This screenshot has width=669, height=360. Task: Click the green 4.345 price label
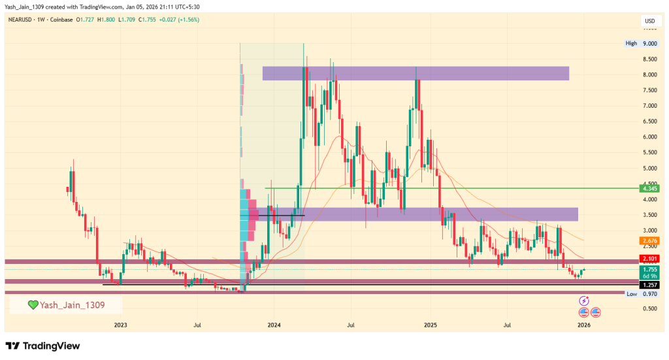pyautogui.click(x=649, y=189)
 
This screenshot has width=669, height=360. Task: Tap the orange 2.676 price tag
pyautogui.click(x=649, y=240)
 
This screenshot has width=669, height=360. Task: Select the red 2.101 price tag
pyautogui.click(x=649, y=259)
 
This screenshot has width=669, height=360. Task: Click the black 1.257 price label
pyautogui.click(x=649, y=285)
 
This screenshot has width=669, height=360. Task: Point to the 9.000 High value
pyautogui.click(x=649, y=43)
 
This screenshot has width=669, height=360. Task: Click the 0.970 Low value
pyautogui.click(x=649, y=294)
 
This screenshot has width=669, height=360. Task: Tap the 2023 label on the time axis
pyautogui.click(x=120, y=324)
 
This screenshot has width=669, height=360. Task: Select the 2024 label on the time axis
pyautogui.click(x=274, y=324)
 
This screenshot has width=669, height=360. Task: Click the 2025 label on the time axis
pyautogui.click(x=430, y=324)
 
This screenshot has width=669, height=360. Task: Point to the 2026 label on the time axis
pyautogui.click(x=583, y=324)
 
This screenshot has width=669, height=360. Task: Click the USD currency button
pyautogui.click(x=649, y=21)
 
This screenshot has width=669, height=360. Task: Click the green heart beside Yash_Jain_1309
pyautogui.click(x=32, y=304)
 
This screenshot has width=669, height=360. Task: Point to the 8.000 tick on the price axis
pyautogui.click(x=649, y=74)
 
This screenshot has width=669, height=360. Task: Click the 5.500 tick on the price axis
pyautogui.click(x=649, y=152)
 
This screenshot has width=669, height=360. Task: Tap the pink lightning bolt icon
pyautogui.click(x=584, y=301)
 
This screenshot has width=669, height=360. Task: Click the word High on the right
pyautogui.click(x=630, y=43)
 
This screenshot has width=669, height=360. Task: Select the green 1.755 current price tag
pyautogui.click(x=649, y=269)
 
